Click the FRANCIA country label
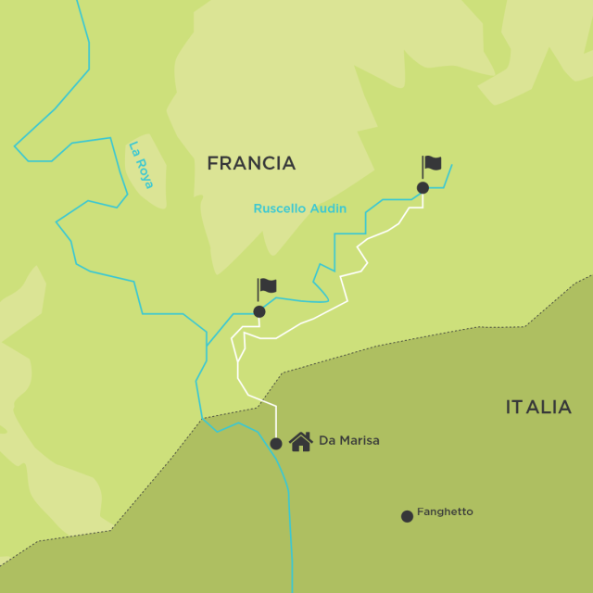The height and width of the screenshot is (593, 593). [251, 163]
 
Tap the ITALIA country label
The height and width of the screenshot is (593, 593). [538, 407]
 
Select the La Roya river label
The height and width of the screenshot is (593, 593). [141, 164]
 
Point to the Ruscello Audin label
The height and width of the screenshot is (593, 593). [299, 208]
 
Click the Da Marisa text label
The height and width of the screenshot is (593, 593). [348, 441]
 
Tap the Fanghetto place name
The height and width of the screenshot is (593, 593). [445, 511]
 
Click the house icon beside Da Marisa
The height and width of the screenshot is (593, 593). [300, 441]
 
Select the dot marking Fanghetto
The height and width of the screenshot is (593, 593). [407, 516]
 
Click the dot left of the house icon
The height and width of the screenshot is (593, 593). [276, 444]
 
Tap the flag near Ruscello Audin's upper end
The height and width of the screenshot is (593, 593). [432, 164]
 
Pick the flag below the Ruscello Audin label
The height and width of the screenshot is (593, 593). [267, 287]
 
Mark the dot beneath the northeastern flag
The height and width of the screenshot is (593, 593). [423, 188]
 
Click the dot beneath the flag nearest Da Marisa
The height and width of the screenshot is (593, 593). [259, 311]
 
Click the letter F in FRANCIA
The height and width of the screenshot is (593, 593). [212, 163]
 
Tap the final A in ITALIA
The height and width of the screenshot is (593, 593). [564, 407]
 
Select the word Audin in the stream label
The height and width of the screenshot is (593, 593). [328, 208]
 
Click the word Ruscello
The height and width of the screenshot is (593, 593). [281, 208]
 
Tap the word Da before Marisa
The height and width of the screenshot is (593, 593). [326, 441]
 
